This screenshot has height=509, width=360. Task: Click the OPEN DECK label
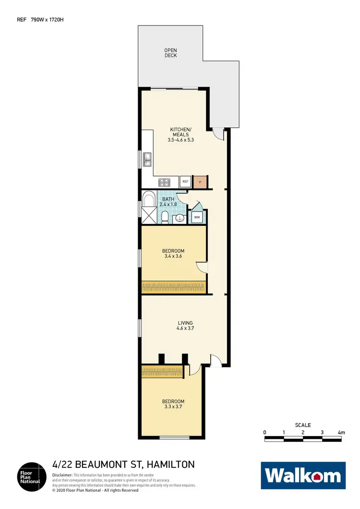(170, 53)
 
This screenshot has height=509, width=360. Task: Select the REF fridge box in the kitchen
(185, 182)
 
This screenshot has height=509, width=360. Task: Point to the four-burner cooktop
(165, 182)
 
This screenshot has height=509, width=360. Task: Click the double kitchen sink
(148, 159)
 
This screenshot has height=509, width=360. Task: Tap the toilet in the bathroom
(164, 217)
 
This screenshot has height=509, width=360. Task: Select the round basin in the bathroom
(178, 219)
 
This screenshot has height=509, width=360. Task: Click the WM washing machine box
(196, 217)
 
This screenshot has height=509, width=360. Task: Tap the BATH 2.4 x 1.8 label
(168, 201)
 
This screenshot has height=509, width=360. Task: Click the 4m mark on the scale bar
(341, 433)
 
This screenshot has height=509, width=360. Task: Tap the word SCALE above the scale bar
(303, 425)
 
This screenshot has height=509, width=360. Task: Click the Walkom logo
(303, 475)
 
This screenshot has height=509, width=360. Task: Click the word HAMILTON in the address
(171, 464)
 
